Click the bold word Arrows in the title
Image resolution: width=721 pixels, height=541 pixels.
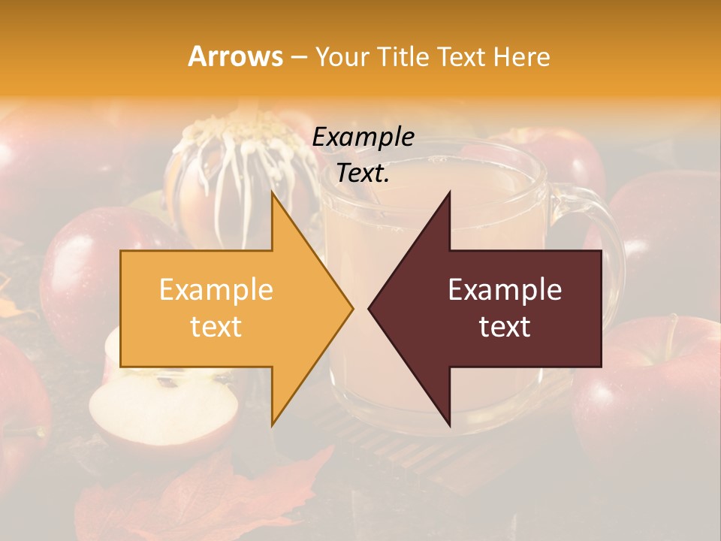[235, 56]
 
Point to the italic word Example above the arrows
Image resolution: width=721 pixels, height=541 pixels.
[364, 138]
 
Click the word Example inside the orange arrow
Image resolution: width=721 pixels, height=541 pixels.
[216, 290]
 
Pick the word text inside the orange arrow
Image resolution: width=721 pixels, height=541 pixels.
[216, 327]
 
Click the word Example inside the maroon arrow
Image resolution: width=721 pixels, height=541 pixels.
[505, 290]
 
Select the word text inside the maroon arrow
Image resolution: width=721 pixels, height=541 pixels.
[505, 327]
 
